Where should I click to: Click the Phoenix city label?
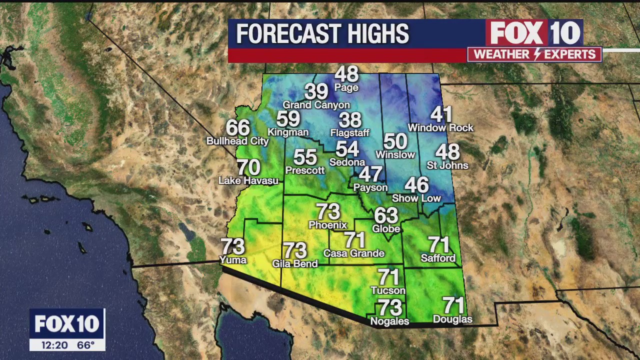tap(327, 225)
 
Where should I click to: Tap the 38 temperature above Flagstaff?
tap(350, 120)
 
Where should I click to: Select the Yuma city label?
tap(233, 260)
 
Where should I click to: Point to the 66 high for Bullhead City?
tap(238, 128)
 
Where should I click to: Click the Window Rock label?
tap(440, 128)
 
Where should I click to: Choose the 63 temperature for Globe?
tap(386, 215)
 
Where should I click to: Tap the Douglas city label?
tap(452, 319)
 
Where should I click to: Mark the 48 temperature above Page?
tap(346, 74)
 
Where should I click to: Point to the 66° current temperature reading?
tap(86, 345)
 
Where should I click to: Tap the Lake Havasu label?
tap(248, 180)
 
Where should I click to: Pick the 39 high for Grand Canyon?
tap(316, 91)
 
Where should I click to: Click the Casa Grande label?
tap(353, 253)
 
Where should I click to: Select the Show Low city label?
tap(416, 198)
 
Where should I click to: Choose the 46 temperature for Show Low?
tap(416, 185)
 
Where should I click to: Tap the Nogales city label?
tap(389, 321)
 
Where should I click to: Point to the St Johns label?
tap(447, 165)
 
